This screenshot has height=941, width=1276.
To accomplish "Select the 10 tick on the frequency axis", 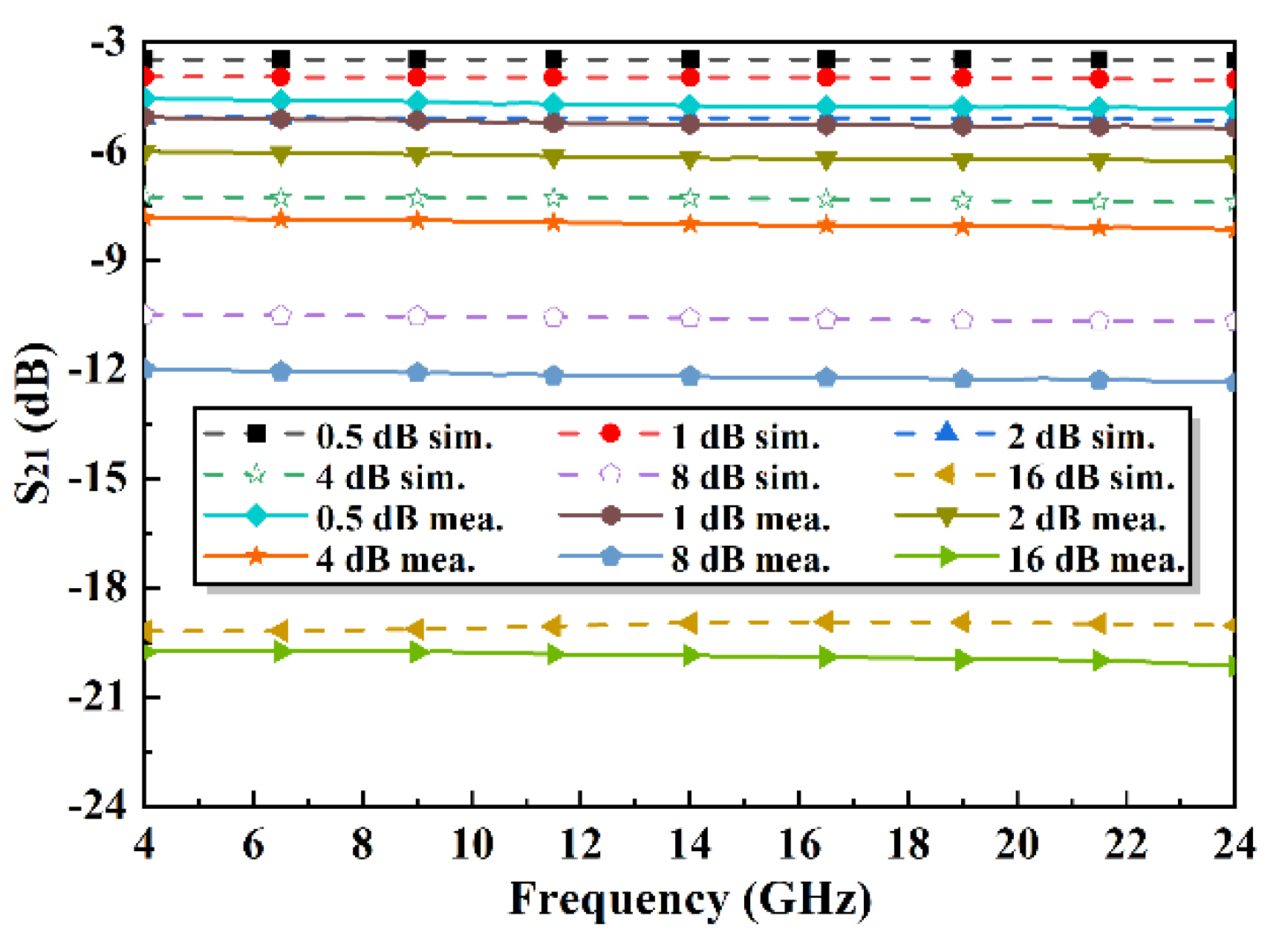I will tap(472, 844).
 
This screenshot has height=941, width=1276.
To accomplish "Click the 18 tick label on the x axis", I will tap(908, 844).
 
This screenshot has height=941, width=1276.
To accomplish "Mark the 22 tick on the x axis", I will tap(1126, 844).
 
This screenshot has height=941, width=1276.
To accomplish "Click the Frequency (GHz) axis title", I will tap(689, 899).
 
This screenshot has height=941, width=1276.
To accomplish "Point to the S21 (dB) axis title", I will tap(33, 423).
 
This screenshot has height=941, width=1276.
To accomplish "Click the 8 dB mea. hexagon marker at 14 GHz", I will tap(690, 377).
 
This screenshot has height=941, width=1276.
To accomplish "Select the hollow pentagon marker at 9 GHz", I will tap(417, 316).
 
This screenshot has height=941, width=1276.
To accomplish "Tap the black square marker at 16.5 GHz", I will tap(826, 60).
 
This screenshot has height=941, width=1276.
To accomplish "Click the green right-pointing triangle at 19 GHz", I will tap(963, 660).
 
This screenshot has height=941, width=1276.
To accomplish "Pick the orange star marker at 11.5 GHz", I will tap(553, 223).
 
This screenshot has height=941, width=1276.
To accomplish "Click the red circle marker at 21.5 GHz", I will tap(1099, 79).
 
